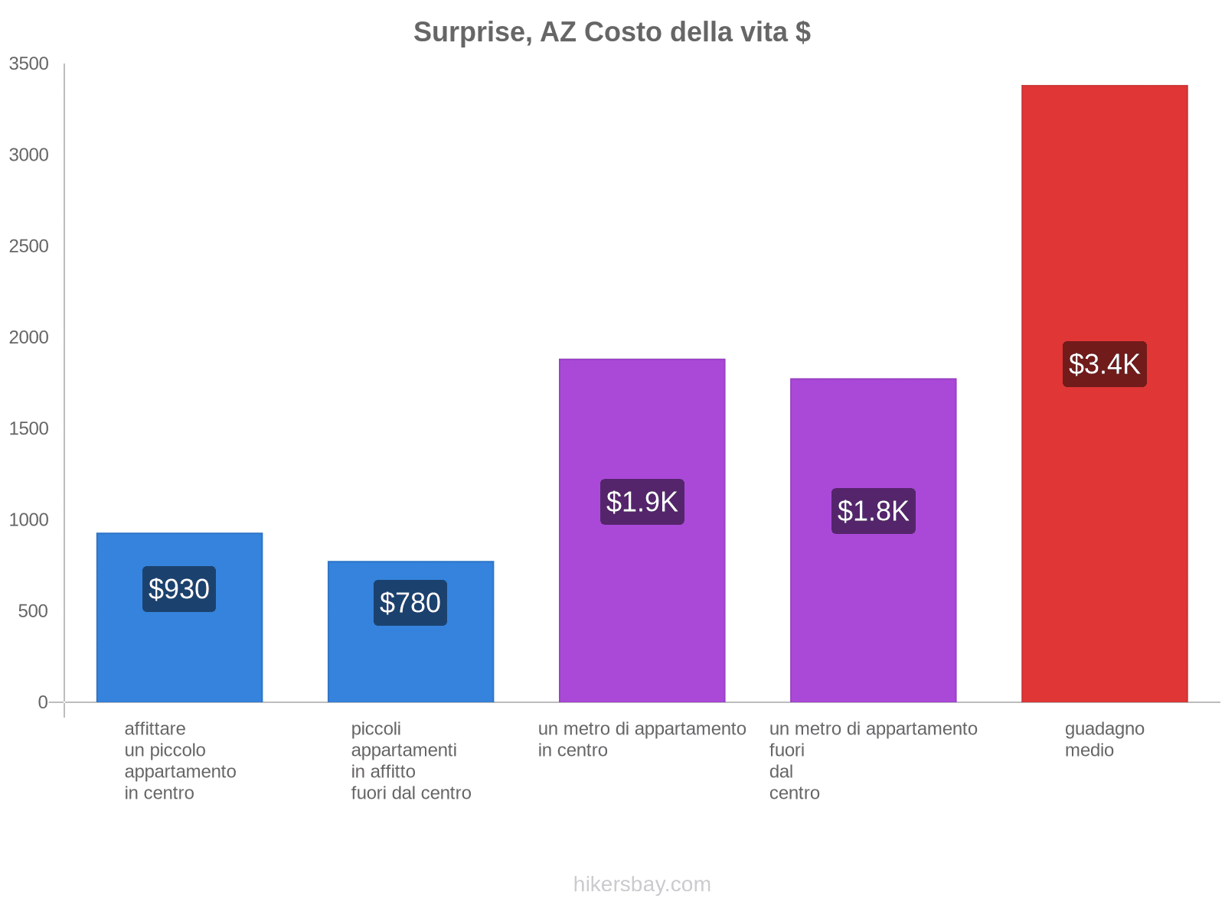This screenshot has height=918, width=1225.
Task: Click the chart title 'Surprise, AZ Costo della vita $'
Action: click(x=612, y=32)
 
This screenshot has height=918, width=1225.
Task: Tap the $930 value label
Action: click(x=179, y=589)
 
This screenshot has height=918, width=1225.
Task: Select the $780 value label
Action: click(x=410, y=603)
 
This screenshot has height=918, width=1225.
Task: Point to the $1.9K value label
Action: click(x=642, y=502)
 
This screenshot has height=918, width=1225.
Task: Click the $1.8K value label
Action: click(x=873, y=511)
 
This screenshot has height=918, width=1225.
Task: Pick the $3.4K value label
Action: click(x=1104, y=364)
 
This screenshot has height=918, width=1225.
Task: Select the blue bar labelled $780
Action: click(x=410, y=658)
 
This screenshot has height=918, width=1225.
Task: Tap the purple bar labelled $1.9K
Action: click(x=642, y=612)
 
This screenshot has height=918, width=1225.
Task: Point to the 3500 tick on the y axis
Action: click(x=29, y=64)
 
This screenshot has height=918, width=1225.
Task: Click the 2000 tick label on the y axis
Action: click(x=29, y=337)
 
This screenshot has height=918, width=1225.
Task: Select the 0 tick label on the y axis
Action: click(x=43, y=702)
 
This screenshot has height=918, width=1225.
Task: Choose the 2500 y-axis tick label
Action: click(x=29, y=246)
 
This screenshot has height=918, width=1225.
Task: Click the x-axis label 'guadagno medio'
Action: click(x=1104, y=739)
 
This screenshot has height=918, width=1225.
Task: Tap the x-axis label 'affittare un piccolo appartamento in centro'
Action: click(x=180, y=760)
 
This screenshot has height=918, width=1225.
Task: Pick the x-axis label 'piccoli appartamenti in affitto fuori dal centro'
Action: click(x=411, y=760)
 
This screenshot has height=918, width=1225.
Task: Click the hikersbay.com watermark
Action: click(x=642, y=884)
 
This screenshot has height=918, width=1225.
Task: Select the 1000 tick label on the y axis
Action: click(x=29, y=520)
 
